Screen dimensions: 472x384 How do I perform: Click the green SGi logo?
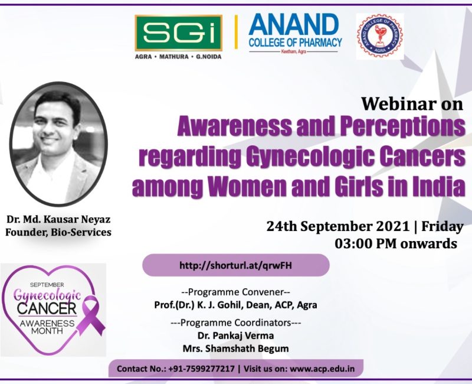point(179,33)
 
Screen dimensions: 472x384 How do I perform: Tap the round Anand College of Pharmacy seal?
point(380,35)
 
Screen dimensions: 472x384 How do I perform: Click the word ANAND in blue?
point(294,25)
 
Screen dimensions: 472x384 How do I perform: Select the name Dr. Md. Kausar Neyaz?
point(58,219)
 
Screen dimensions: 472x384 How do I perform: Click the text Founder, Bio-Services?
point(58,232)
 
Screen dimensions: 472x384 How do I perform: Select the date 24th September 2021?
point(337,226)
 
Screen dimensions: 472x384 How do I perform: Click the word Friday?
point(442,227)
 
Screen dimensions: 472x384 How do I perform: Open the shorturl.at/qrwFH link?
point(235,265)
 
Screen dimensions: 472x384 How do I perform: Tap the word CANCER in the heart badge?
point(47,308)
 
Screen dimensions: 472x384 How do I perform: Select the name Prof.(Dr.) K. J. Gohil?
point(198,305)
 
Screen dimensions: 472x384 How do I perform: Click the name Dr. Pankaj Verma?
point(235,336)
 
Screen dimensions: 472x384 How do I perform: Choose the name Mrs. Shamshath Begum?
point(235,349)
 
